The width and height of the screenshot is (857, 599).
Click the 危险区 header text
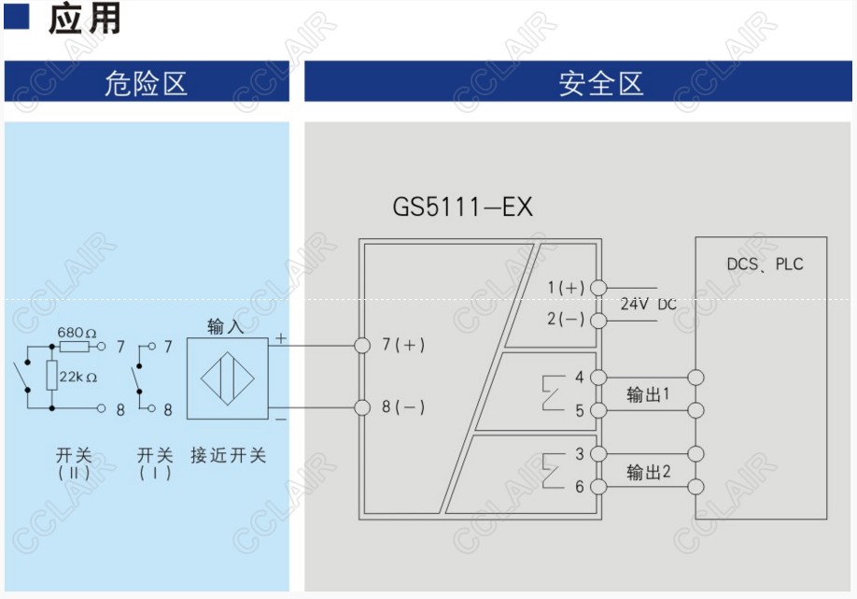pos(146,83)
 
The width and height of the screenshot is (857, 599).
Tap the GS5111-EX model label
pos(462,207)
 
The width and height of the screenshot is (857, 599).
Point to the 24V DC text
pos(648,304)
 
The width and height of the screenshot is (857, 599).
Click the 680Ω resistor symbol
pos(74,347)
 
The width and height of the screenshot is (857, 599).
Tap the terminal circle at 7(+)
pos(362,346)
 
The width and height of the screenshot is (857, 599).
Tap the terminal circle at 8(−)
pos(362,406)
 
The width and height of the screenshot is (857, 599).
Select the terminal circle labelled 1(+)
pos(598,288)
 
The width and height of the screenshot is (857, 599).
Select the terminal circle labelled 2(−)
pos(598,320)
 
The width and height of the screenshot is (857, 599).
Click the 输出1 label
pos(648,394)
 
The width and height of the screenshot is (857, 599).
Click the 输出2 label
pos(648,471)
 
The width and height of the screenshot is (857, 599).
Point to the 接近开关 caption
pos(228,455)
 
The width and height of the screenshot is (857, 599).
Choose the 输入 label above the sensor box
pos(225,326)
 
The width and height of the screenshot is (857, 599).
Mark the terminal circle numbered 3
pos(598,455)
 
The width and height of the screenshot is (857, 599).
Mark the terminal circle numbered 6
pos(598,487)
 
